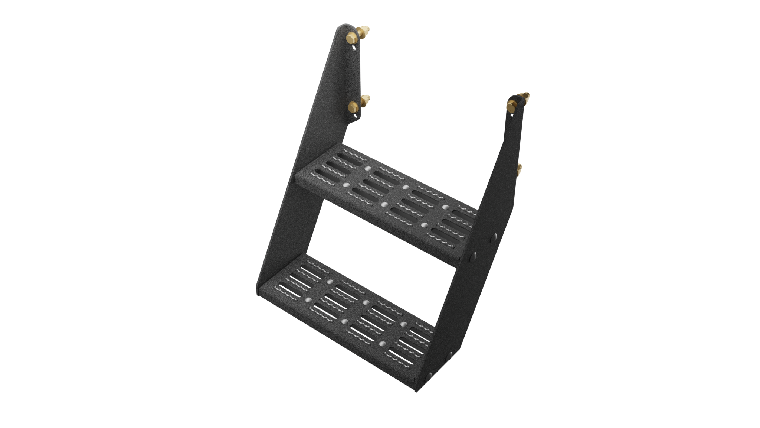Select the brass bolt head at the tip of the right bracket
point(511,107)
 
